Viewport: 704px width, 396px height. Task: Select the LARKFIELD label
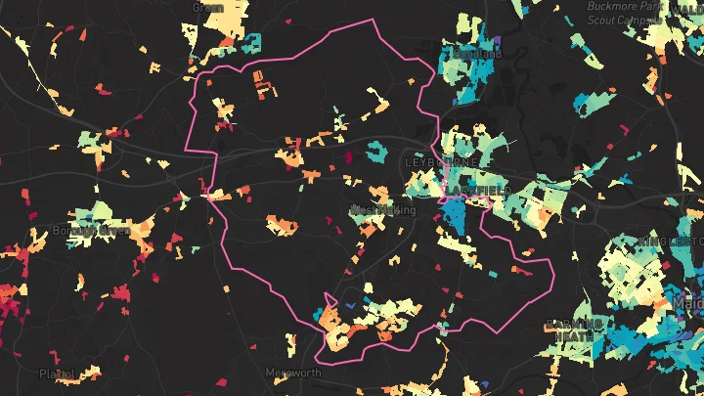click(x=478, y=191)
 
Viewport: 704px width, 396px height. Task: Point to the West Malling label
click(x=382, y=210)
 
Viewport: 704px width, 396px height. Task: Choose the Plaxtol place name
click(x=57, y=374)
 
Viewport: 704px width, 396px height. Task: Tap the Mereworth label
click(x=293, y=374)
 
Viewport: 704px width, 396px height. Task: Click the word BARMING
click(x=572, y=324)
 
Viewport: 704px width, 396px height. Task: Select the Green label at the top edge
click(x=208, y=7)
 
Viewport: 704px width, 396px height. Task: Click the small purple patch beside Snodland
click(x=497, y=42)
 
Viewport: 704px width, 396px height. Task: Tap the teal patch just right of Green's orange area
click(x=251, y=43)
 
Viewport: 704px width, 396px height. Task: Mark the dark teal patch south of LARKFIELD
click(x=453, y=217)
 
